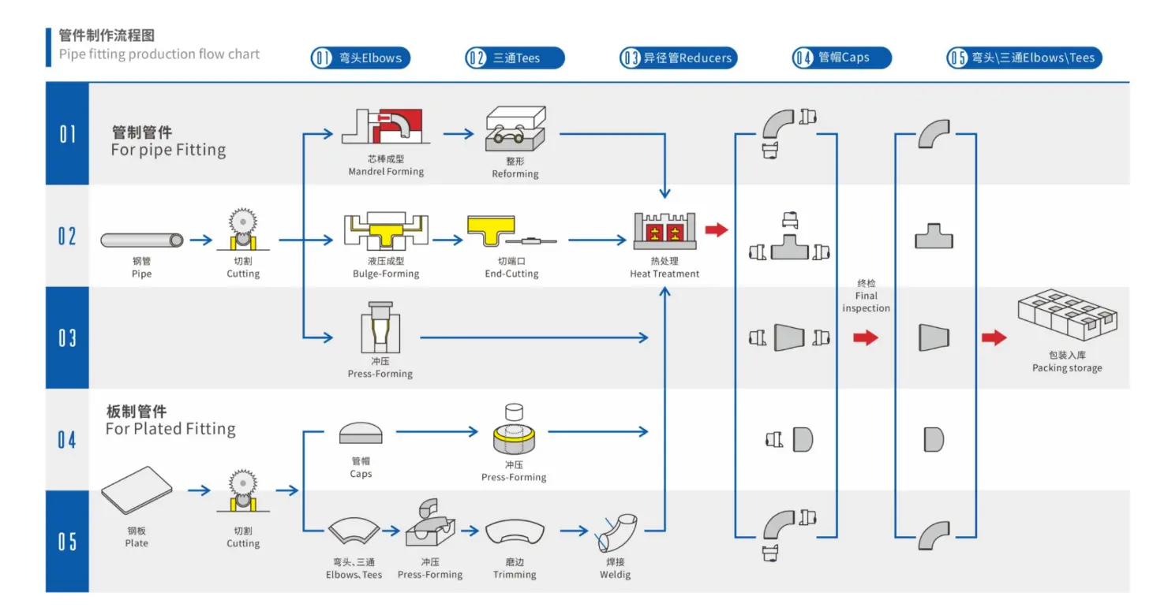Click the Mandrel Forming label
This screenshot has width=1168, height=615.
(x=386, y=171)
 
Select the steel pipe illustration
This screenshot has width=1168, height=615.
(x=142, y=240)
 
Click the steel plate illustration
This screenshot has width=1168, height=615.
(x=137, y=494)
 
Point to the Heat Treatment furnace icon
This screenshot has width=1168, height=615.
(x=664, y=230)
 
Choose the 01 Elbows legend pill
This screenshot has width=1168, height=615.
(x=361, y=58)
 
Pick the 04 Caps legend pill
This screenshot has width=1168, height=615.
(x=841, y=58)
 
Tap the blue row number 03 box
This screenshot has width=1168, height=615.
(x=67, y=337)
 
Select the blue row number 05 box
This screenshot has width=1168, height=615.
(x=67, y=541)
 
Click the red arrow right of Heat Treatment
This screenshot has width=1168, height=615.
(x=716, y=230)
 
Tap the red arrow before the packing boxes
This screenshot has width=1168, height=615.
(x=994, y=337)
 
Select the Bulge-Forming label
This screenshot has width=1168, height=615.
(x=386, y=274)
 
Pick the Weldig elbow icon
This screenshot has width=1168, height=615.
(x=617, y=533)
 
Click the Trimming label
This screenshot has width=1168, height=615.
(x=515, y=575)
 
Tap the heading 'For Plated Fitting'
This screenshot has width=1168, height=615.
(x=170, y=429)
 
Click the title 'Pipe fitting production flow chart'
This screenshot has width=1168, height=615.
(x=159, y=54)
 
